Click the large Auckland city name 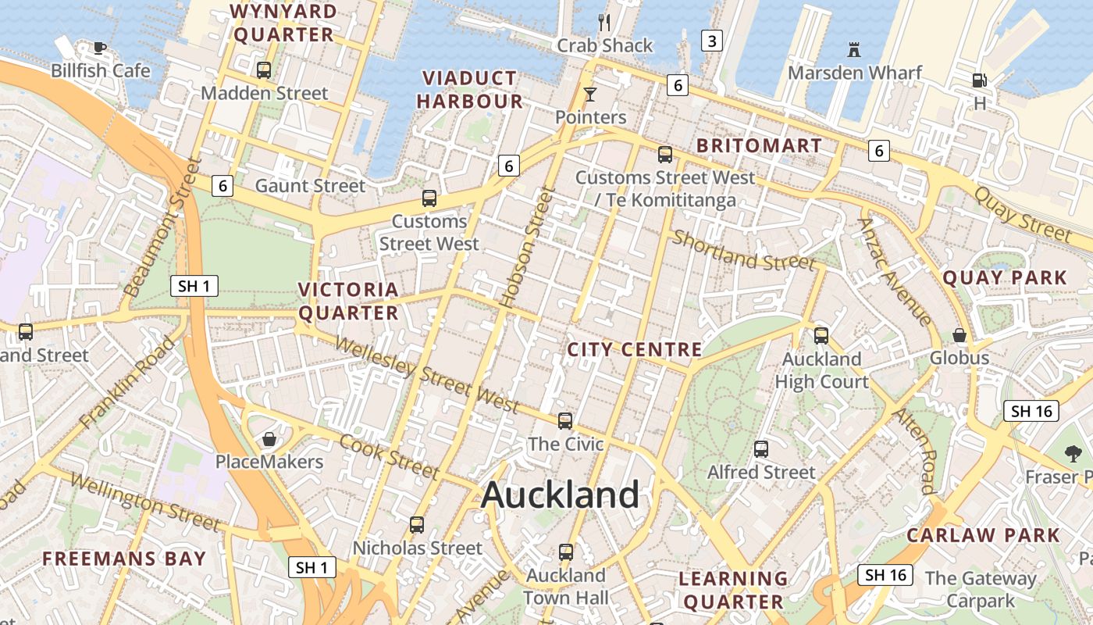[561, 495]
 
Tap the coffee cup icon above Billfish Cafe [100, 48]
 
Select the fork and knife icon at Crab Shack [603, 21]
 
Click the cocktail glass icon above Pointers [590, 95]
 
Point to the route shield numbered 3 [711, 40]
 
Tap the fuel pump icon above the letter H [979, 80]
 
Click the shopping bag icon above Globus [959, 335]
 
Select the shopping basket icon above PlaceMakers [269, 439]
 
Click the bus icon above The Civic [565, 421]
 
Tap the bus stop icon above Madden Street [264, 70]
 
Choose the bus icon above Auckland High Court [821, 336]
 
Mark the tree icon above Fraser [1073, 453]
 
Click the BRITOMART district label [759, 146]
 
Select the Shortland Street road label [743, 251]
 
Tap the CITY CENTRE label [635, 349]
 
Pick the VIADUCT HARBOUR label [469, 90]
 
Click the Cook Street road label [389, 455]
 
